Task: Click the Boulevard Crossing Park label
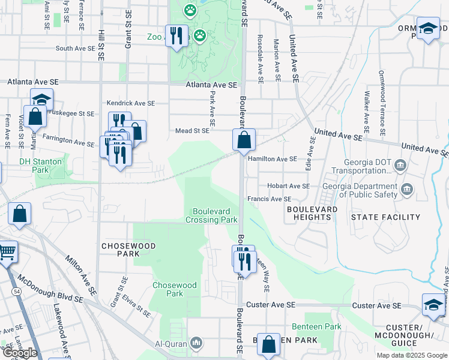point(215,215)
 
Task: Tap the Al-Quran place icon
point(196,343)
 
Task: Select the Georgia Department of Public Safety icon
point(406,190)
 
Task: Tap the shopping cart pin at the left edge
point(6,253)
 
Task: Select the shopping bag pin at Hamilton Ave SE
point(244,141)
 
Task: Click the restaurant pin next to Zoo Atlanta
point(176,36)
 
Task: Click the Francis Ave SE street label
point(269,199)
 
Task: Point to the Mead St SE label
point(192,130)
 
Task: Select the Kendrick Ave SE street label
point(130,103)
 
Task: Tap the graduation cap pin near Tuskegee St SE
point(42,100)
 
